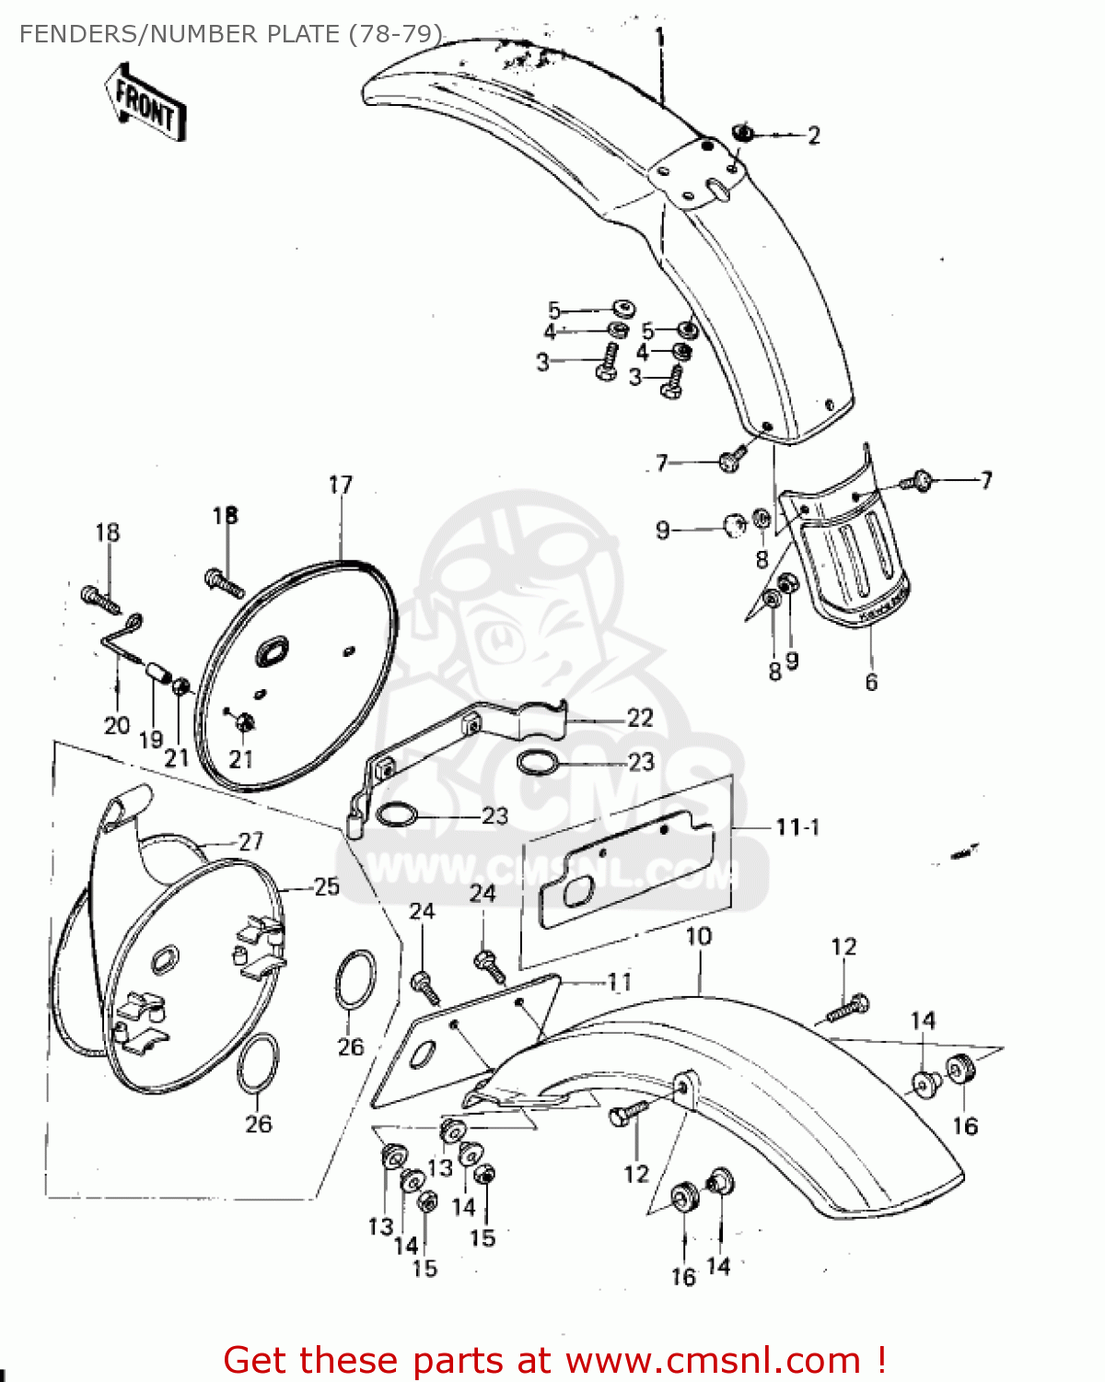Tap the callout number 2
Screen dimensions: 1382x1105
814,135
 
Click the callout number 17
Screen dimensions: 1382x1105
340,485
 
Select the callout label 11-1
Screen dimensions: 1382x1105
797,826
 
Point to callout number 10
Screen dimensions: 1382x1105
699,937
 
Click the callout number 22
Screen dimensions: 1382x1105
640,718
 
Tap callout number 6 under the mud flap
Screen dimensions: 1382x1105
871,683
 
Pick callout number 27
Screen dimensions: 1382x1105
250,840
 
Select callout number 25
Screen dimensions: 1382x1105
327,886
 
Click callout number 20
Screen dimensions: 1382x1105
116,725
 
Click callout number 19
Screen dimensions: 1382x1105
150,738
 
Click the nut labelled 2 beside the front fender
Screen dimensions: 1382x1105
743,135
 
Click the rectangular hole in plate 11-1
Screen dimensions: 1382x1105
580,893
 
